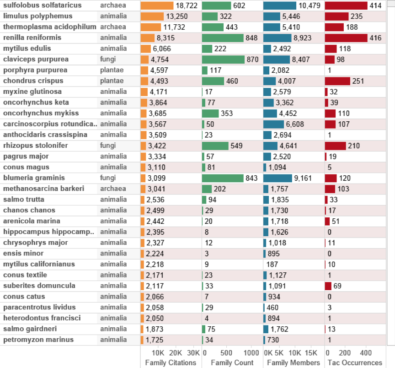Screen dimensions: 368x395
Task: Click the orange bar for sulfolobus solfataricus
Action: click(157, 5)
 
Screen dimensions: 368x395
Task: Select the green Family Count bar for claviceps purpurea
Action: click(224, 60)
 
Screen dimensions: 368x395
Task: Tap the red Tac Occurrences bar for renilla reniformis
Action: click(346, 38)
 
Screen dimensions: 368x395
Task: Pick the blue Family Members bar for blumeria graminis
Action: click(278, 178)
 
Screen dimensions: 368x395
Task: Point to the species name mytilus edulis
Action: click(27, 49)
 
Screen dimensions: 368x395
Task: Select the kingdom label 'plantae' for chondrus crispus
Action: click(112, 81)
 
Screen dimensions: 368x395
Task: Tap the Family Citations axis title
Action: click(171, 363)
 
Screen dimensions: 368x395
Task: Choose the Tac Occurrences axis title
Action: click(354, 363)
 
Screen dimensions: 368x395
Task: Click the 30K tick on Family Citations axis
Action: click(193, 353)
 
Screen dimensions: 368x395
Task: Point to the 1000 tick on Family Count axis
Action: click(251, 353)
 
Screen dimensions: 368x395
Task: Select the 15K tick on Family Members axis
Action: click(311, 353)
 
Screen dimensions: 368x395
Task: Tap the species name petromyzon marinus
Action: click(38, 340)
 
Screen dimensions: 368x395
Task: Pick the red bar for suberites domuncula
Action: click(328, 286)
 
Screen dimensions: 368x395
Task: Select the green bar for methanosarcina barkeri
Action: click(207, 189)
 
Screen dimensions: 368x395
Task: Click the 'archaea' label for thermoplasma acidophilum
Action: click(112, 27)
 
